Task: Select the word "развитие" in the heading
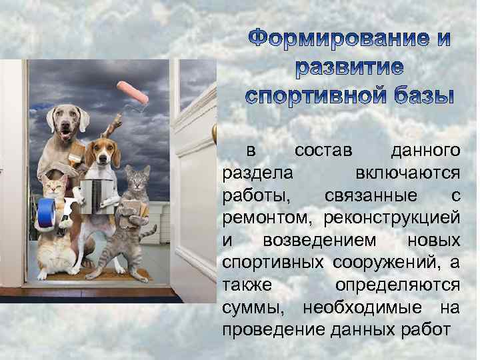(350, 69)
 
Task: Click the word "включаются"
(407, 173)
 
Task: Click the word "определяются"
(397, 285)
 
